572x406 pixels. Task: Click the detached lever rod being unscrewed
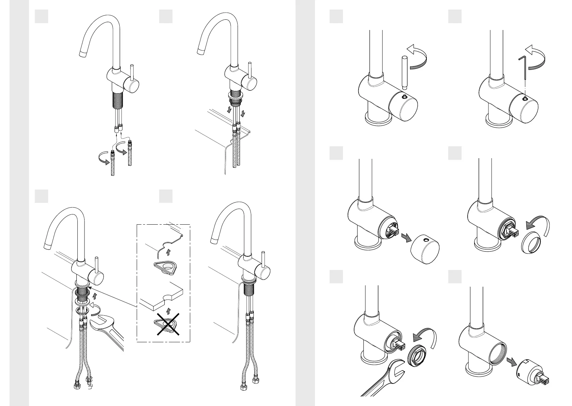click(405, 72)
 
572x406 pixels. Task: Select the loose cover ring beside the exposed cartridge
click(531, 242)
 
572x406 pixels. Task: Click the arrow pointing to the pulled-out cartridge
click(512, 361)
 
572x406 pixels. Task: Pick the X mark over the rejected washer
click(168, 324)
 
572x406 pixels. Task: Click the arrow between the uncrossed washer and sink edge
click(167, 252)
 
